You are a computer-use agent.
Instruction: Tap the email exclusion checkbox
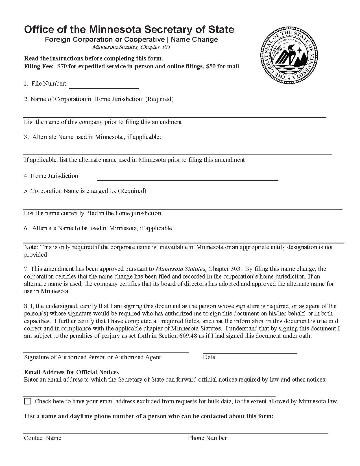[x=28, y=401]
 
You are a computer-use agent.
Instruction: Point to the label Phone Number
[x=207, y=438]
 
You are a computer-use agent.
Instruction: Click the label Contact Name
[x=42, y=438]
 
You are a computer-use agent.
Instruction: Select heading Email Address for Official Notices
[x=71, y=372]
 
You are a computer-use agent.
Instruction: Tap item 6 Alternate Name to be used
[x=102, y=228]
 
